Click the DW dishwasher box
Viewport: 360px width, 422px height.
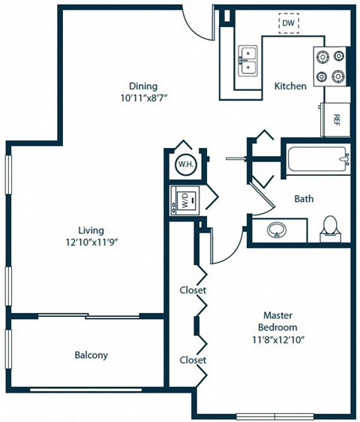tap(289, 24)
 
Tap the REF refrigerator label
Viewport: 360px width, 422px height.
tap(337, 119)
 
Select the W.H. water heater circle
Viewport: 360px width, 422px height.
tap(184, 164)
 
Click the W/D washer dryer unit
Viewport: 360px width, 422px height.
tap(184, 200)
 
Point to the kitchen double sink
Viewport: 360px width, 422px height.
tap(248, 61)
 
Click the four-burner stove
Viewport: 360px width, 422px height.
tap(331, 66)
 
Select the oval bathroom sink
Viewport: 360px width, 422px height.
tap(277, 231)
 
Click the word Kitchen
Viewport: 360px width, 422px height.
tap(289, 86)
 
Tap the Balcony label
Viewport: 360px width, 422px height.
tap(91, 355)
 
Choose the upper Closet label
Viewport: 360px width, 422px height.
tap(193, 290)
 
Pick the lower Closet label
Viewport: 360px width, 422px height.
tap(193, 360)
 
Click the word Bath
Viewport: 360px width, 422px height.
tap(304, 199)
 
